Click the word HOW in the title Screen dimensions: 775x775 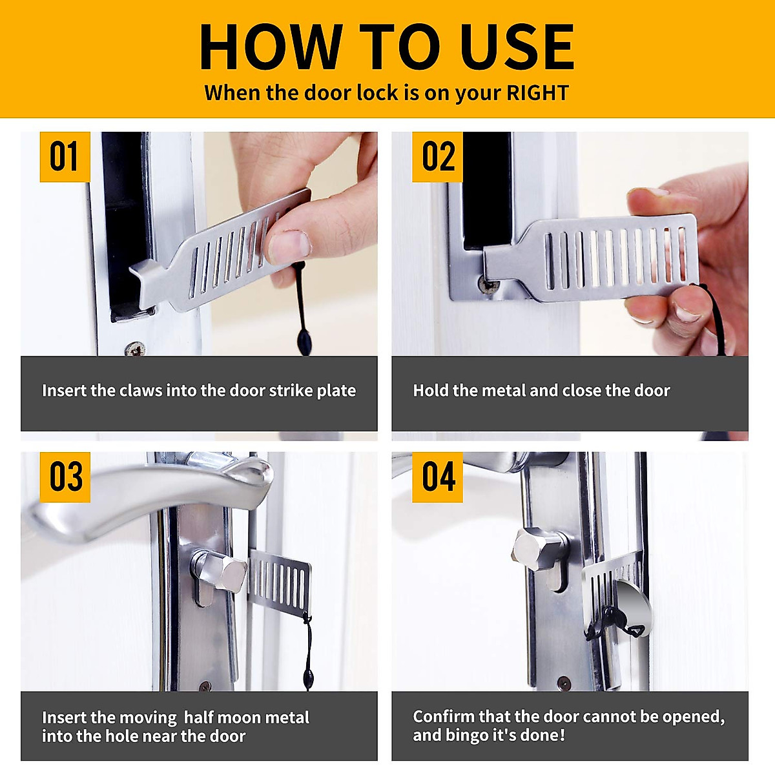(x=271, y=46)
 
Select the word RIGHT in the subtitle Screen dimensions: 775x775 (x=537, y=92)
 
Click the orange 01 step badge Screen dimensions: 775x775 (x=65, y=157)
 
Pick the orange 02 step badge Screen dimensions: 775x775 (x=437, y=157)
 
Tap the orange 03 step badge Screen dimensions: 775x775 (x=65, y=477)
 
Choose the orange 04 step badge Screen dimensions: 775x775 (x=437, y=477)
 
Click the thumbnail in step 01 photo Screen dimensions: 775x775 (x=288, y=246)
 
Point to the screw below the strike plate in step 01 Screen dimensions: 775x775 (x=136, y=349)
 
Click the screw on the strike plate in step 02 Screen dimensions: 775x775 (x=488, y=285)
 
